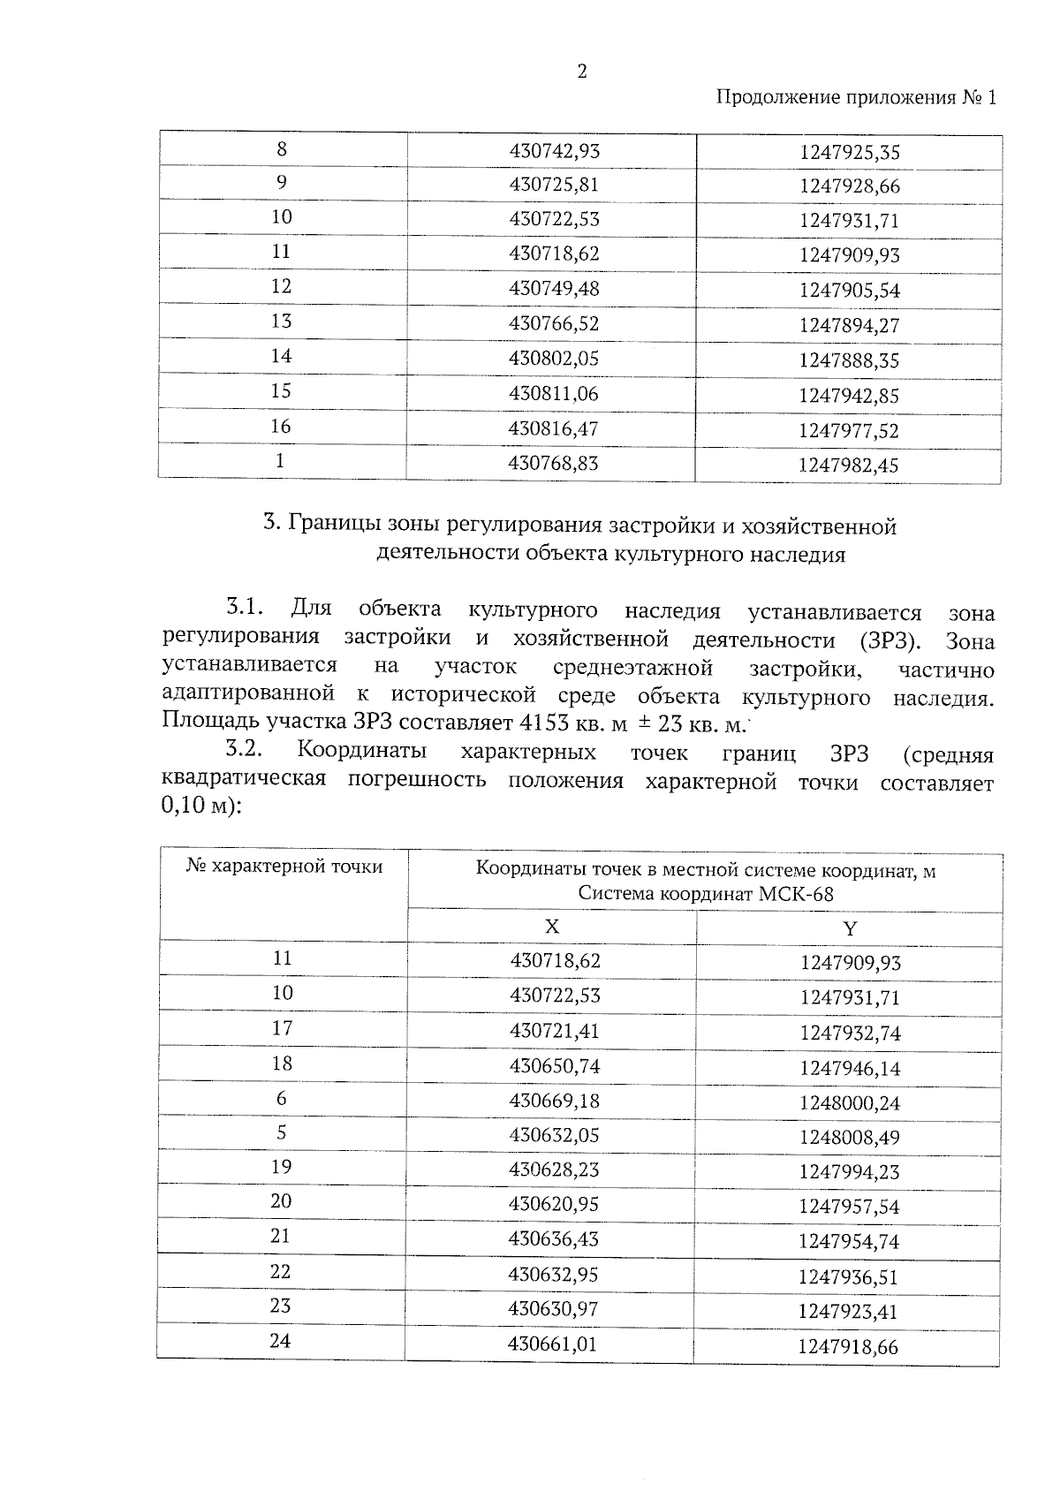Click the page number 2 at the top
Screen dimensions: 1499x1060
(581, 72)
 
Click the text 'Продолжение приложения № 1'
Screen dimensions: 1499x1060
(855, 98)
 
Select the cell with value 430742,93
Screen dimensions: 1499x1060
(554, 151)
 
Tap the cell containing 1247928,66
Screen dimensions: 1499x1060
(849, 186)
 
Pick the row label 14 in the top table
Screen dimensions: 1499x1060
(281, 356)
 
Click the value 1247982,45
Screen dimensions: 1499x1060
(848, 466)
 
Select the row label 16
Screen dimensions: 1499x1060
(281, 427)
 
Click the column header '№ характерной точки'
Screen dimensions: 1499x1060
(284, 867)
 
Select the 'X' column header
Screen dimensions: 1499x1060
(551, 927)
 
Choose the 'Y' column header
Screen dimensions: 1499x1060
(850, 928)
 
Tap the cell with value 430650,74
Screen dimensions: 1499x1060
(554, 1066)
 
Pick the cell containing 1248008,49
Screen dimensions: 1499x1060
(849, 1138)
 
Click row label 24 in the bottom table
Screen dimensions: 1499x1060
(280, 1341)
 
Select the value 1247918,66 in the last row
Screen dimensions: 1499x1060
(848, 1347)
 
